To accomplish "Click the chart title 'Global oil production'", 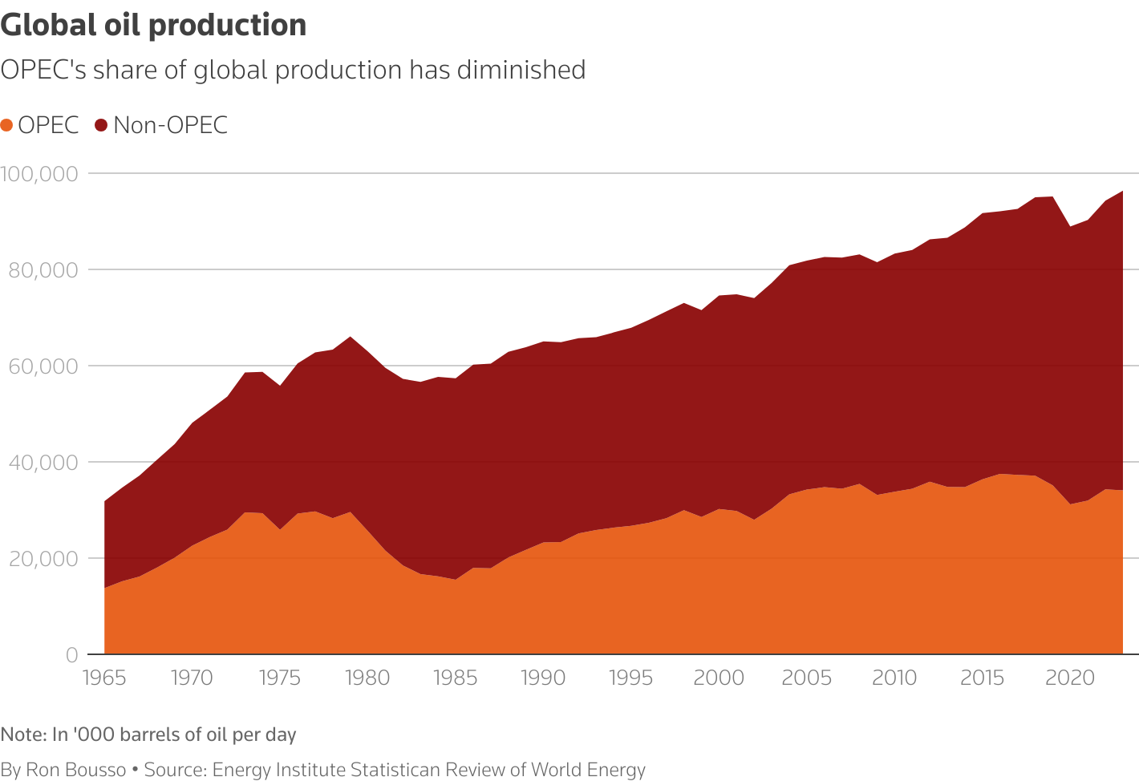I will click(153, 26).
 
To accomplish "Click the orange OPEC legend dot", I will click(7, 126).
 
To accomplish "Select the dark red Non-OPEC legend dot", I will click(101, 126).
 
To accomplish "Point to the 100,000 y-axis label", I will click(39, 173).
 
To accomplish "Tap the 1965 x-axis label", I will click(104, 678).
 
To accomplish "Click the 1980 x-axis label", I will click(367, 678).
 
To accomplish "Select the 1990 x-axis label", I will click(543, 678).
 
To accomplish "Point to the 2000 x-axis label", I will click(719, 678).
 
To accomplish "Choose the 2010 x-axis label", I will click(894, 678).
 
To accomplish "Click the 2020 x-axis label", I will click(1070, 678).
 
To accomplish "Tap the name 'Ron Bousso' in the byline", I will click(76, 771).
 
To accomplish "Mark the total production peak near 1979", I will click(351, 337).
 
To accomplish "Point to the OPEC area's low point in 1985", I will click(456, 579).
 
